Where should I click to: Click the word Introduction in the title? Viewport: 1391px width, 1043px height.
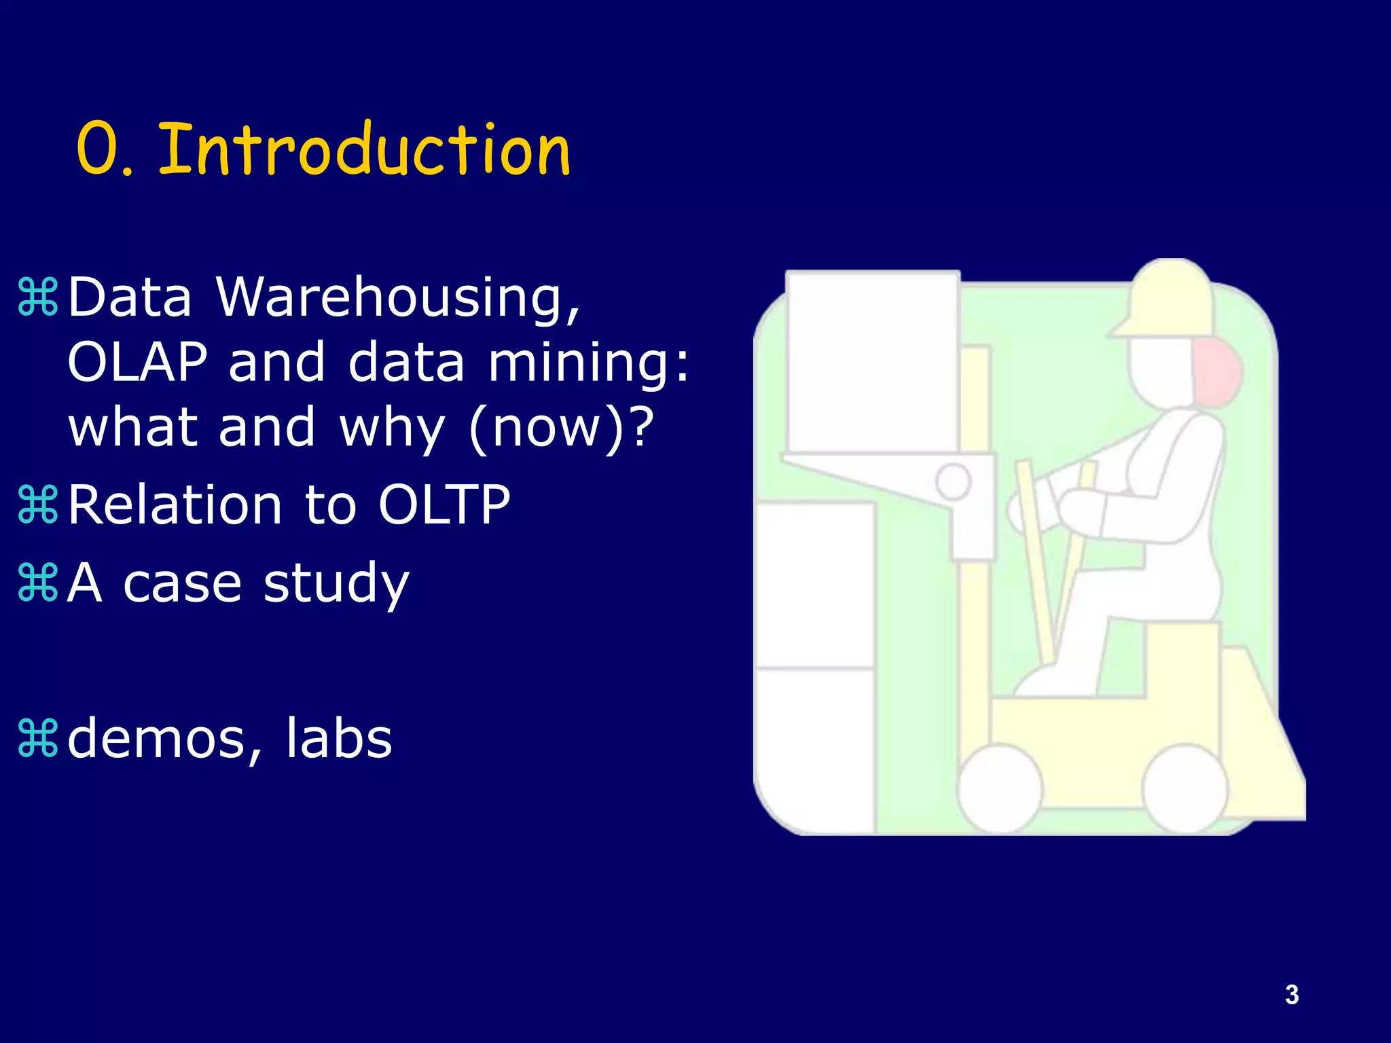tap(364, 149)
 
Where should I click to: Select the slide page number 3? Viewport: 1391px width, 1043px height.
tap(1292, 995)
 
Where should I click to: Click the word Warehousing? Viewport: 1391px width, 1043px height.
tap(399, 297)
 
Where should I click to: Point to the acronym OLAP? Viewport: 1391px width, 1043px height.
tap(138, 362)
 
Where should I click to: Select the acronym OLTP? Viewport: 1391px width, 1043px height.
tap(444, 505)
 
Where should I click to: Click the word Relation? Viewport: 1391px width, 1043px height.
tap(175, 505)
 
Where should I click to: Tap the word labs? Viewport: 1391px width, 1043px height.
tap(338, 739)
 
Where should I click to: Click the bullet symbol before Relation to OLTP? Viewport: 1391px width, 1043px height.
tap(38, 505)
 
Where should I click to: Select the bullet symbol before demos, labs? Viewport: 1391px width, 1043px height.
tap(38, 739)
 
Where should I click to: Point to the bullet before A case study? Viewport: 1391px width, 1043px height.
tap(38, 583)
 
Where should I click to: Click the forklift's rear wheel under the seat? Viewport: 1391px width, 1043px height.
tap(1185, 788)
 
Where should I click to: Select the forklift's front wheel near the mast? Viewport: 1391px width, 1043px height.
tap(999, 788)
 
